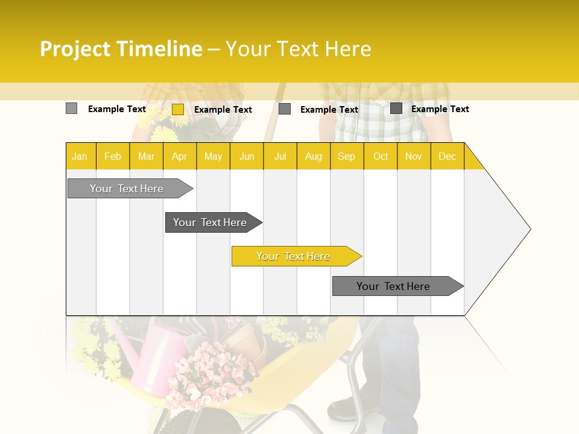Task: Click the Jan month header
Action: tap(80, 156)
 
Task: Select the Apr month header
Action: tap(179, 156)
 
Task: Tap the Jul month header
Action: tap(280, 156)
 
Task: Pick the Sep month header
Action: tap(346, 156)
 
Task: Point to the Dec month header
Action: tap(447, 156)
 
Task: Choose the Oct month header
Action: tap(380, 156)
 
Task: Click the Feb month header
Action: tap(113, 156)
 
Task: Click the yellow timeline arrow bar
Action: tap(296, 256)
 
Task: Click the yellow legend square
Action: tap(178, 109)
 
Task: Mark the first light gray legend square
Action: tap(71, 108)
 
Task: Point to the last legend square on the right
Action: tap(396, 108)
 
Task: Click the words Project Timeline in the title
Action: tap(121, 49)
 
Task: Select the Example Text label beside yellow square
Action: tap(223, 110)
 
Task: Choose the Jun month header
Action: tap(247, 156)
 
